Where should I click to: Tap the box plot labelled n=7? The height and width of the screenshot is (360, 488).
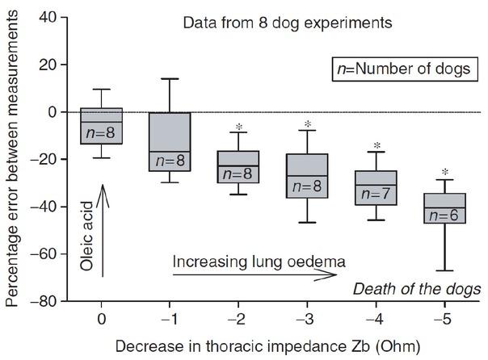tap(376, 187)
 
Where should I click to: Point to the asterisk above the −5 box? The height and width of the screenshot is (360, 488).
tap(445, 172)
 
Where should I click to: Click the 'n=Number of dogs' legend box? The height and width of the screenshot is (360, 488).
tap(403, 69)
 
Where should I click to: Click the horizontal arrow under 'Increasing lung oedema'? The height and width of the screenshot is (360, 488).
tap(255, 275)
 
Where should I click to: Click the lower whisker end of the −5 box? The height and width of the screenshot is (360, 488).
tap(445, 271)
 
